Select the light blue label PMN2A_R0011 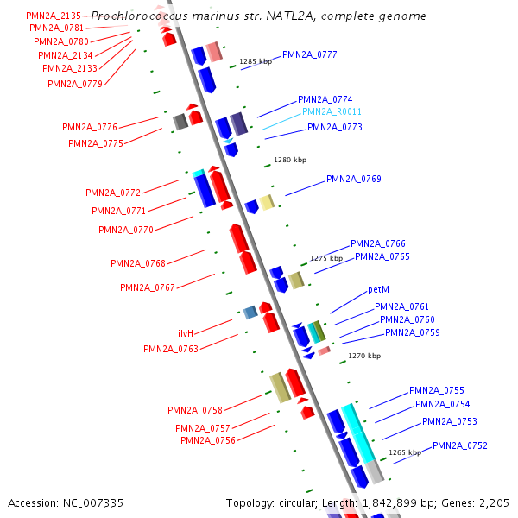332,112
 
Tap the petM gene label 379,290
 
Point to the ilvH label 186,333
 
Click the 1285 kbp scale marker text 255,62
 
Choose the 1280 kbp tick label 289,160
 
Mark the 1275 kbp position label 326,258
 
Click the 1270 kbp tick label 363,355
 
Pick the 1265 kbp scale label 404,452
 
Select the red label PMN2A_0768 137,263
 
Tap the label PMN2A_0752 460,445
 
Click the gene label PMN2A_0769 353,179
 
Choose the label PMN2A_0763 171,349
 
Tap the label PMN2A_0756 208,440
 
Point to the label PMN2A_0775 96,143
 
